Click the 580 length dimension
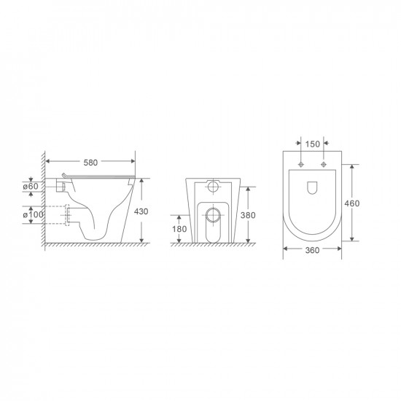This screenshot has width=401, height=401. pyautogui.click(x=90, y=162)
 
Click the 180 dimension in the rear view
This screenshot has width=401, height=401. pyautogui.click(x=179, y=230)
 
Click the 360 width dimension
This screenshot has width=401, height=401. pyautogui.click(x=312, y=250)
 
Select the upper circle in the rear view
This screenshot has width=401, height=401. pyautogui.click(x=212, y=188)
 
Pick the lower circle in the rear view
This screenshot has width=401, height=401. pyautogui.click(x=212, y=215)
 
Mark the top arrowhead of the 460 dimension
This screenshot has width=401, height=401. pyautogui.click(x=354, y=165)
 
